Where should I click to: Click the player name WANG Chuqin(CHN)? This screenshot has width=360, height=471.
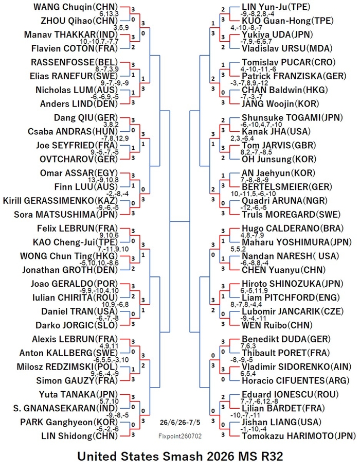(x=76, y=7)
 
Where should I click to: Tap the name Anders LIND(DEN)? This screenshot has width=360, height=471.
(x=79, y=104)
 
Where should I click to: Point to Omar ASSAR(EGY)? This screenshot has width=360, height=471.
(x=79, y=173)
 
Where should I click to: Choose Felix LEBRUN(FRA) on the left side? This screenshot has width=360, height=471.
(x=78, y=228)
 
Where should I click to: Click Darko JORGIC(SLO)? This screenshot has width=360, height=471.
(x=77, y=325)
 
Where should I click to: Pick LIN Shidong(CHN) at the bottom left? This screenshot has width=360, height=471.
(x=80, y=436)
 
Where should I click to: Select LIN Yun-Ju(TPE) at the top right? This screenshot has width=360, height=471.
(x=276, y=7)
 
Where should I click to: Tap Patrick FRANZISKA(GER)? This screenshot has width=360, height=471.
(x=294, y=76)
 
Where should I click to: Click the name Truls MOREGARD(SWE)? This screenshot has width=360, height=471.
(x=291, y=215)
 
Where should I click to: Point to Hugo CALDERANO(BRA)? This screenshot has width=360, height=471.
(x=293, y=228)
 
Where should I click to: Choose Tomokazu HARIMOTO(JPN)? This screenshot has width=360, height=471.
(x=299, y=436)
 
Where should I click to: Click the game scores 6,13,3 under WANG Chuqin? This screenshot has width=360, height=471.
(x=110, y=14)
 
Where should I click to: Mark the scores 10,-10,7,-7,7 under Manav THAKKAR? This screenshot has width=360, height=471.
(x=99, y=42)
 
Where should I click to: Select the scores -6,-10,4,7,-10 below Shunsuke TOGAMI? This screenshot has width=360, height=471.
(x=261, y=125)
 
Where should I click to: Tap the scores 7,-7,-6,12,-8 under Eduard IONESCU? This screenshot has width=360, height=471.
(x=259, y=402)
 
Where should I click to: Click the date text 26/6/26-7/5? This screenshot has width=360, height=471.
(x=179, y=422)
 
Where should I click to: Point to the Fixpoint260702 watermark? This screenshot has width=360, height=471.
(x=180, y=436)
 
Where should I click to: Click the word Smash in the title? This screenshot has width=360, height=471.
(x=182, y=457)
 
